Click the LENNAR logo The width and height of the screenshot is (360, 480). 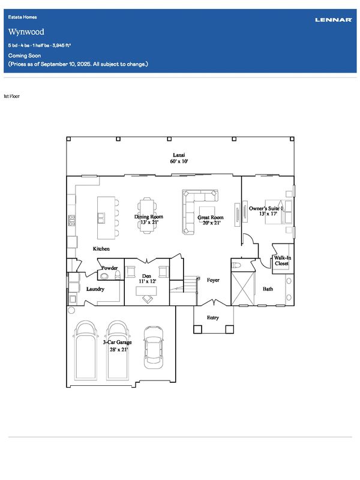tap(334, 20)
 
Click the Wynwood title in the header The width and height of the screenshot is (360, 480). tap(26, 32)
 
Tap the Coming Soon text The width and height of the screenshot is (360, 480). tap(25, 55)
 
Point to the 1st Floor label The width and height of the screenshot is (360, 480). tap(11, 96)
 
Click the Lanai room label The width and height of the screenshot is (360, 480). tap(179, 155)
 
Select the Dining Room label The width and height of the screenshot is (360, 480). tap(149, 217)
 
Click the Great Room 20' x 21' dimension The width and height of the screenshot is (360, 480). tap(212, 223)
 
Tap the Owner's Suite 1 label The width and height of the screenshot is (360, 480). tap(266, 208)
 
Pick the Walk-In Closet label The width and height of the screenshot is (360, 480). tap(282, 260)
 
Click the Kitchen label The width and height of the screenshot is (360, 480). tap(101, 248)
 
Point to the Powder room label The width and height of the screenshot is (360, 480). tap(110, 268)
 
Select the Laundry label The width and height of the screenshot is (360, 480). tap(95, 289)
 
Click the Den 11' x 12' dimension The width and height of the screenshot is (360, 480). tap(148, 281)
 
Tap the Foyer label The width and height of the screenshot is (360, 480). tap(213, 280)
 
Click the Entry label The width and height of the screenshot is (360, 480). tap(213, 317)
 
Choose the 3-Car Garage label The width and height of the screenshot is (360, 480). tap(117, 342)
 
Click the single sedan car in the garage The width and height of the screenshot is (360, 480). tap(154, 347)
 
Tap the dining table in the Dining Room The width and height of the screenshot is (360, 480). tap(148, 215)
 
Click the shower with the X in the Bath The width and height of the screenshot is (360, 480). tap(243, 289)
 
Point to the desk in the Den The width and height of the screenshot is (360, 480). tap(146, 291)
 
